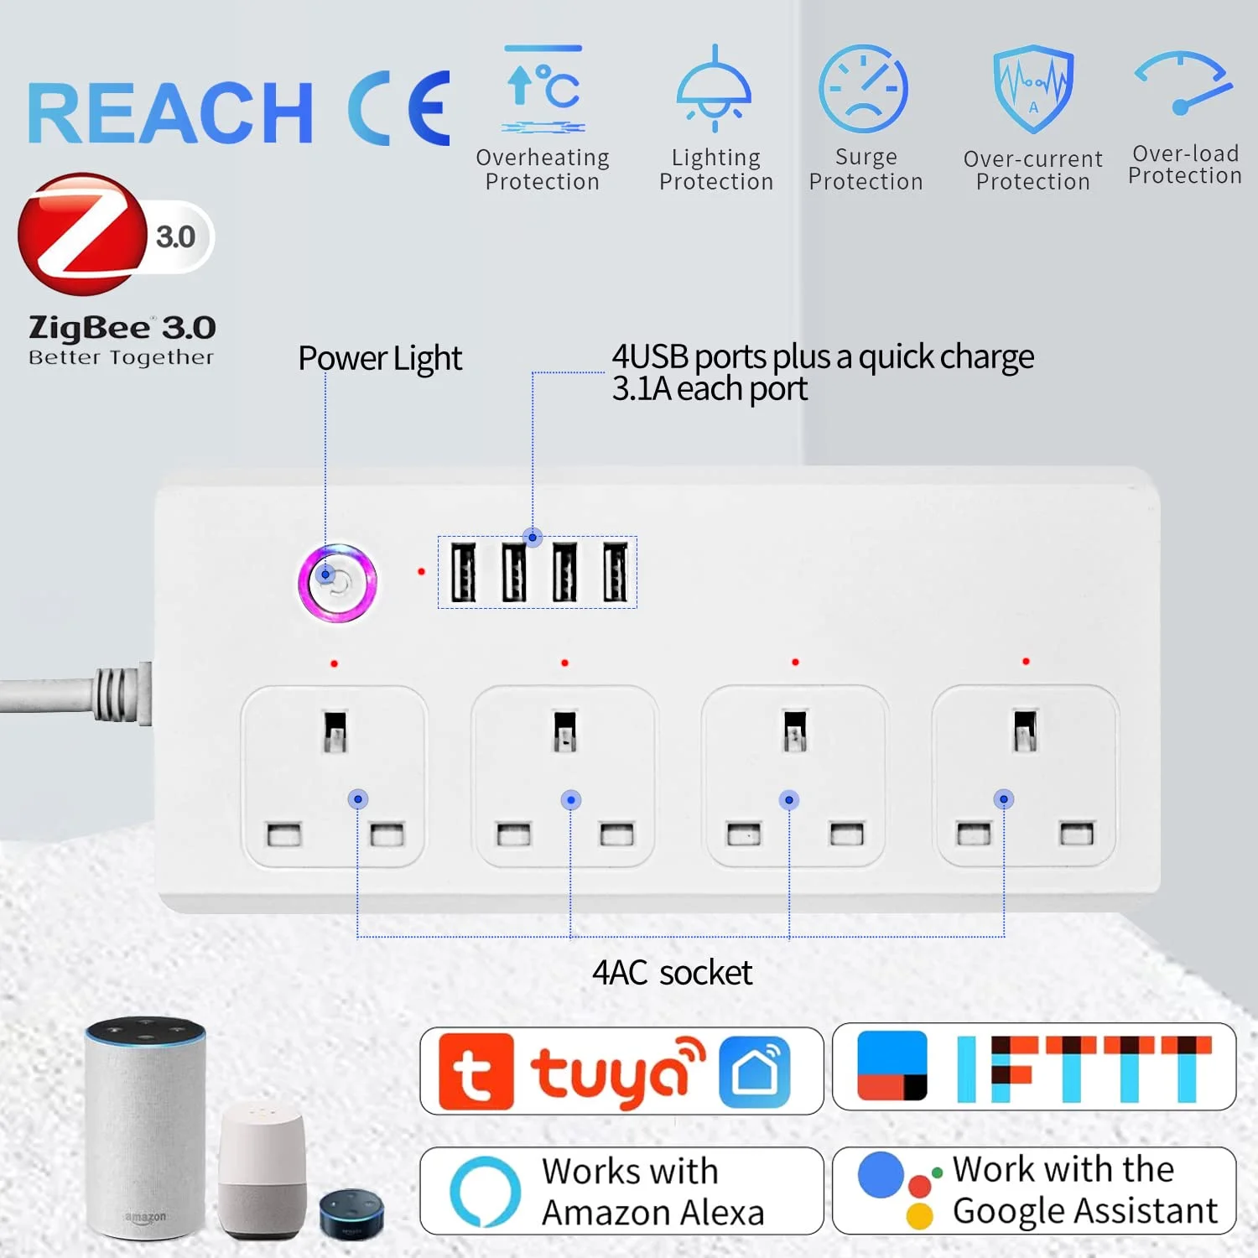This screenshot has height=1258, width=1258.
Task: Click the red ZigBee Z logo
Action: click(x=82, y=234)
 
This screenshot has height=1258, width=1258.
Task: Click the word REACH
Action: click(x=171, y=113)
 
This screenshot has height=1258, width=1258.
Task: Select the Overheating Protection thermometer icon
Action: click(x=543, y=89)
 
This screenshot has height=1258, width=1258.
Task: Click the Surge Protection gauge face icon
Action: click(x=863, y=89)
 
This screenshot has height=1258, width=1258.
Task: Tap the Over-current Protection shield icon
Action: click(x=1033, y=89)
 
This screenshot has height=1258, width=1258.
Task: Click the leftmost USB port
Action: click(x=464, y=572)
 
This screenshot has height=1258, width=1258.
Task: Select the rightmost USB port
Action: click(x=616, y=572)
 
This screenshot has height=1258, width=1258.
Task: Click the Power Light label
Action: click(x=380, y=359)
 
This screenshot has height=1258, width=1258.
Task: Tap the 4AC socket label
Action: click(x=672, y=973)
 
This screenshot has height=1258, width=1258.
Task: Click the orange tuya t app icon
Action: click(x=476, y=1072)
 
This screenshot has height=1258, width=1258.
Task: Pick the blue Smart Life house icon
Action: click(x=755, y=1073)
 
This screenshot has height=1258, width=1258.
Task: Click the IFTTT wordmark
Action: click(x=1084, y=1068)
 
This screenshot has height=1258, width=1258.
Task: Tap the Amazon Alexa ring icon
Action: click(x=486, y=1191)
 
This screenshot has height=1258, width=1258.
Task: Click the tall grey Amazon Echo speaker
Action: click(x=146, y=1127)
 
